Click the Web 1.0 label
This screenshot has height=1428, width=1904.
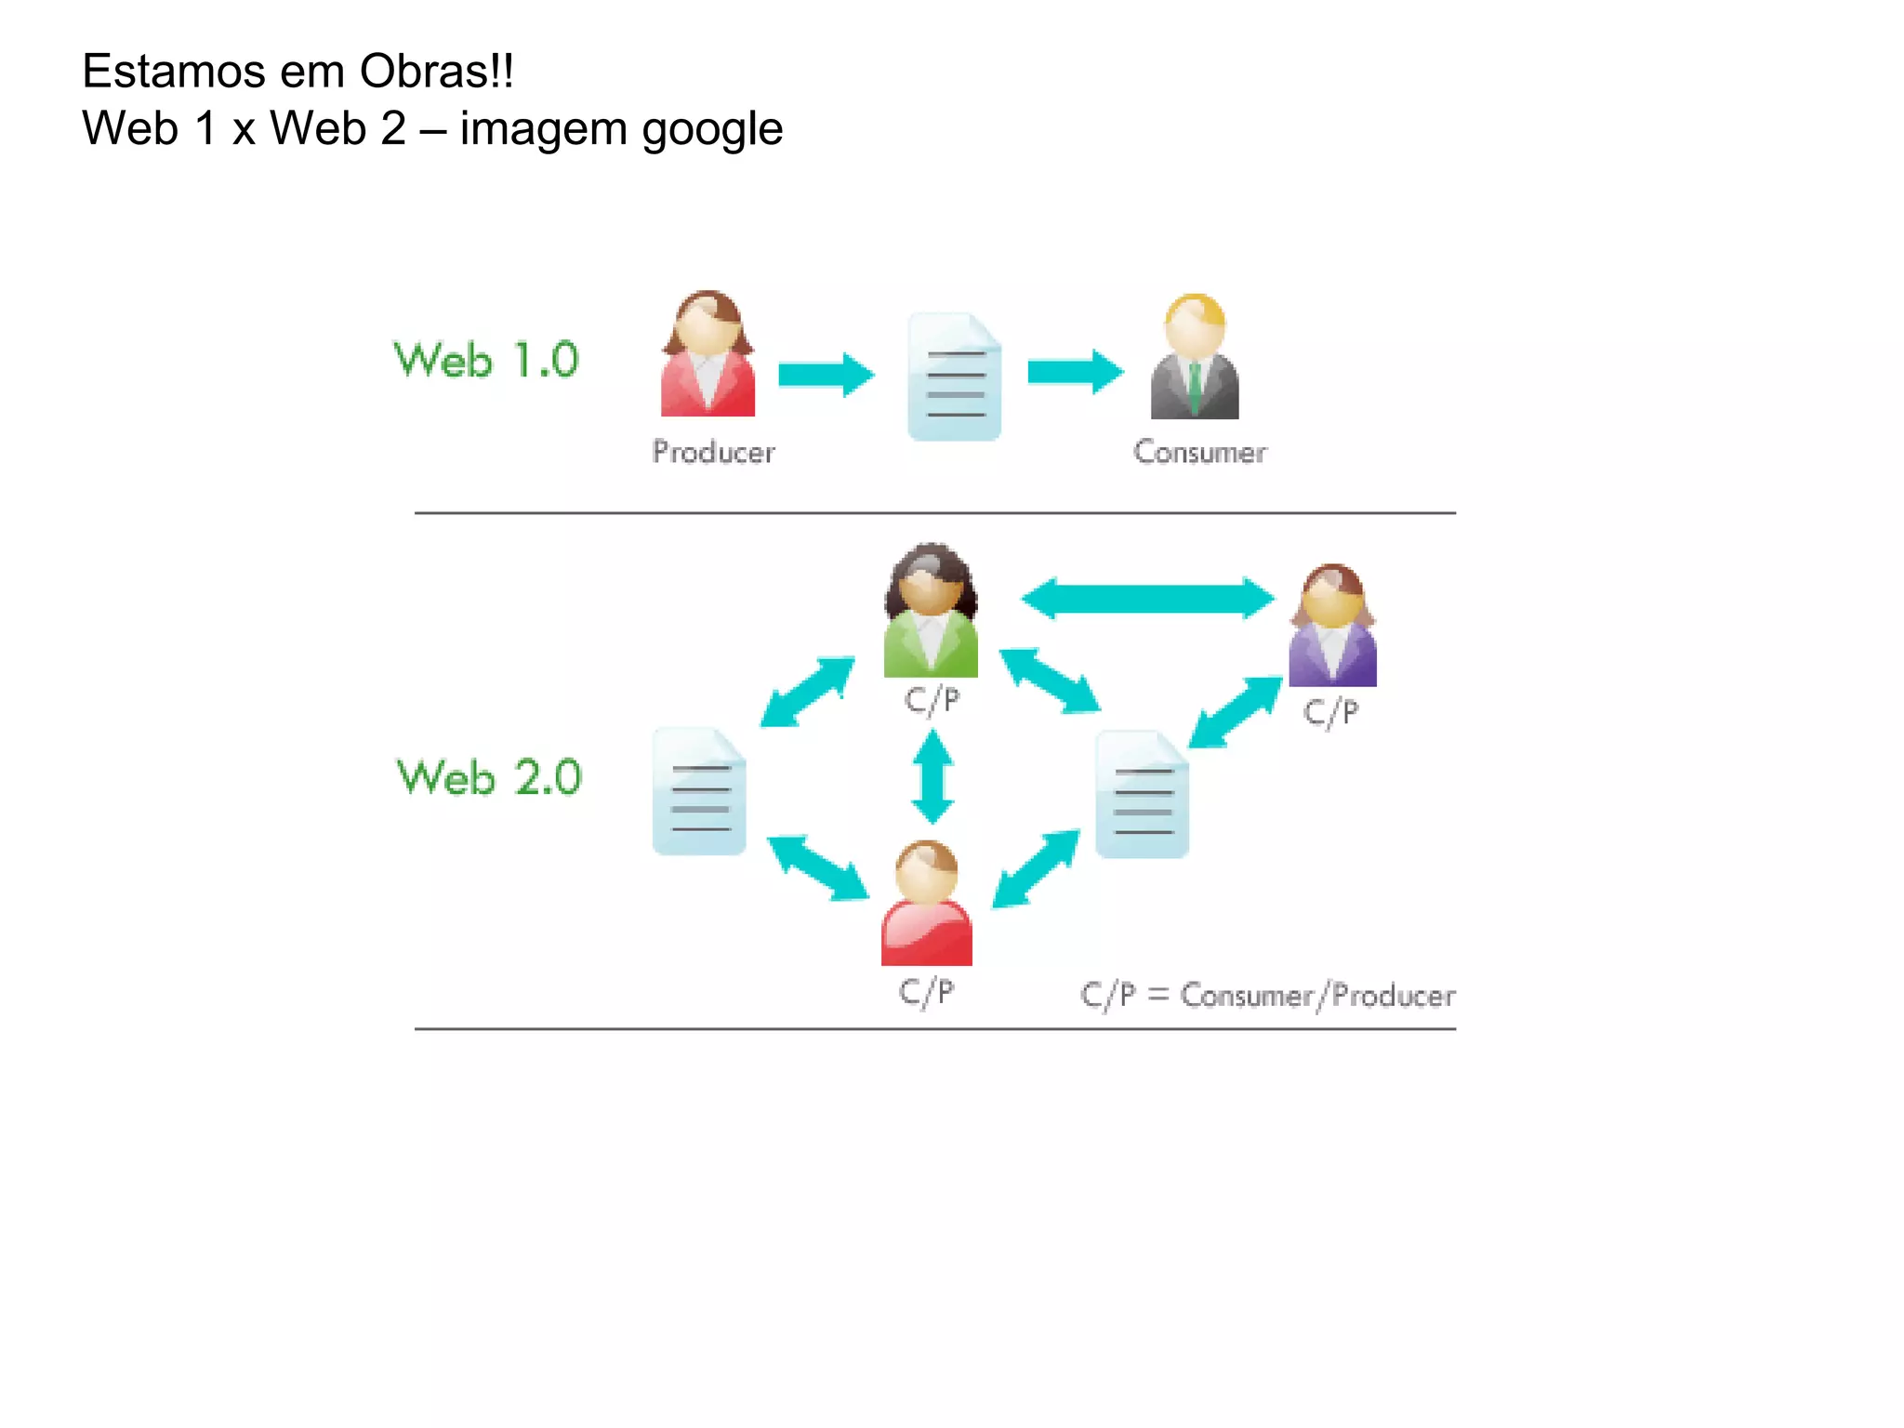[x=486, y=360]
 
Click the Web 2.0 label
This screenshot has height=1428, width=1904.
[x=489, y=777]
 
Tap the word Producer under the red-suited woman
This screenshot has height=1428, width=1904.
[x=713, y=452]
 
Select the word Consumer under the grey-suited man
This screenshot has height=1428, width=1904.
[x=1199, y=452]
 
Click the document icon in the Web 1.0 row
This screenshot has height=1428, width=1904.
[x=954, y=377]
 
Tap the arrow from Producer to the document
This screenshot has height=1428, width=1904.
[x=826, y=374]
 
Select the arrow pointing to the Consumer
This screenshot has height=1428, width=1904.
[x=1075, y=373]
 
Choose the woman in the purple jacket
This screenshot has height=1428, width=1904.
[x=1332, y=627]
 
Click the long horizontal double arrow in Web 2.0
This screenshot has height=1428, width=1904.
[x=1147, y=598]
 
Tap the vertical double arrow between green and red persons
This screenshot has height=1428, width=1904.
[x=932, y=777]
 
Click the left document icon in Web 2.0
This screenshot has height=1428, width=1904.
[x=699, y=792]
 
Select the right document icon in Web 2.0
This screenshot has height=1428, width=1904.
[x=1142, y=795]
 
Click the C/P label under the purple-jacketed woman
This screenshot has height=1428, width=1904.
[x=1330, y=713]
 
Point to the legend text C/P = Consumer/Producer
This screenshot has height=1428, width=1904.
[x=1267, y=996]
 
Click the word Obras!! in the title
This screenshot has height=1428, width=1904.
[x=436, y=72]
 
